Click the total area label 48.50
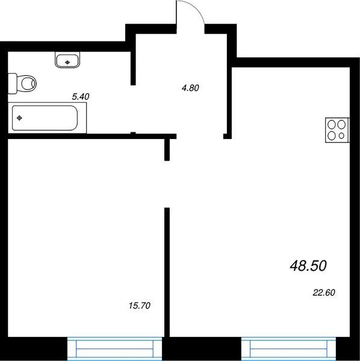click(308, 266)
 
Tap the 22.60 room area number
click(324, 292)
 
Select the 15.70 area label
click(140, 306)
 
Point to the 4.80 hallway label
click(190, 88)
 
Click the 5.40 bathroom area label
click(81, 97)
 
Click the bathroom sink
click(67, 60)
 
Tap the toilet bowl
click(28, 83)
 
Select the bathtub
click(47, 118)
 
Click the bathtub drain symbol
click(20, 118)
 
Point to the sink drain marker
click(67, 62)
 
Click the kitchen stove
click(338, 130)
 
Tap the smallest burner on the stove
click(341, 136)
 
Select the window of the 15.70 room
click(115, 348)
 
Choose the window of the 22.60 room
click(289, 348)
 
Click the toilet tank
click(13, 84)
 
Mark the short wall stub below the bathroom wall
click(167, 150)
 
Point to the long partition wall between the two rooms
click(167, 273)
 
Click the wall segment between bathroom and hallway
click(133, 68)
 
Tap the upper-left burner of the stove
click(332, 125)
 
